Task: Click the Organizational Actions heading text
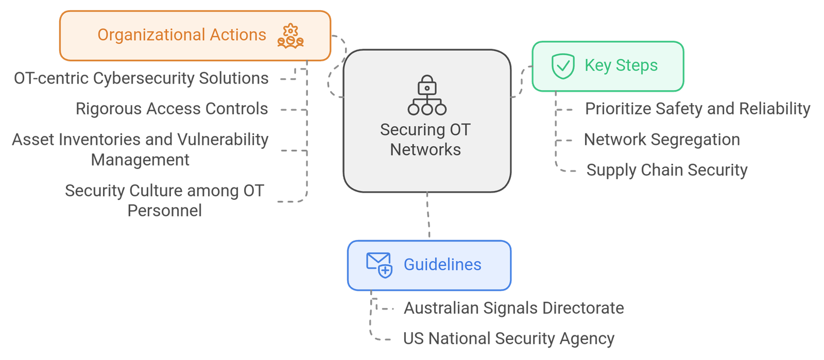click(182, 35)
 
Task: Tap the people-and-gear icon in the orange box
click(290, 36)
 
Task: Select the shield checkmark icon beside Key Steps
click(562, 66)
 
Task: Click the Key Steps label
click(621, 65)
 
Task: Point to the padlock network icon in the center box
click(427, 95)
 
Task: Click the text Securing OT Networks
click(425, 140)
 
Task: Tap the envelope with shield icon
click(380, 265)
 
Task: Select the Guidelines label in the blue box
click(442, 265)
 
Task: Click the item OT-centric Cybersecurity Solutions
click(141, 78)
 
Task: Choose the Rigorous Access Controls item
click(172, 109)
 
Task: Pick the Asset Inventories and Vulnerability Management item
click(140, 149)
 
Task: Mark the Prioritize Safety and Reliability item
click(697, 109)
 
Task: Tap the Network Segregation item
click(662, 140)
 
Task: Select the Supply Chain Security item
click(667, 170)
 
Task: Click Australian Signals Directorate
click(514, 308)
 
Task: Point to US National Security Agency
click(509, 338)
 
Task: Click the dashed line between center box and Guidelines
click(428, 216)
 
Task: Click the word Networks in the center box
click(425, 150)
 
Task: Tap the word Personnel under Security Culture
click(165, 211)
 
